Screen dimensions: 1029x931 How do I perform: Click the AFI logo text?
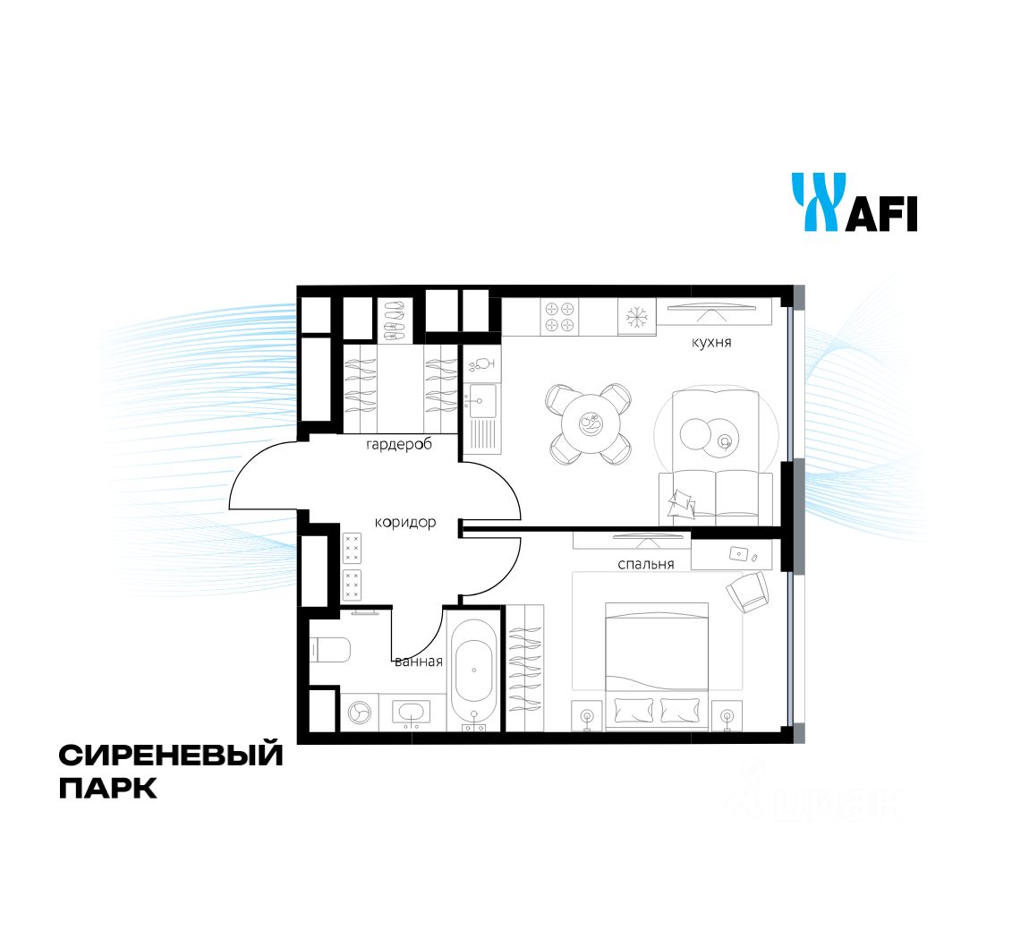[x=880, y=213]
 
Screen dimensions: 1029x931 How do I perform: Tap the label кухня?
[x=711, y=343]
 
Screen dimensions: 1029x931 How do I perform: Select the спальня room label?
[x=646, y=564]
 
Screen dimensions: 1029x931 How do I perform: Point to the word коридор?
[x=405, y=523]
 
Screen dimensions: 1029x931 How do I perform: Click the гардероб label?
[x=399, y=445]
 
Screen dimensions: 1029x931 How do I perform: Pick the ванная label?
[x=419, y=662]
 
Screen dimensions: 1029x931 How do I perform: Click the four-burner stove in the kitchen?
[x=560, y=317]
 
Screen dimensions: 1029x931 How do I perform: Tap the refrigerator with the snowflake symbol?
[x=636, y=317]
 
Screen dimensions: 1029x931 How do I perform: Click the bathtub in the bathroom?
[x=474, y=670]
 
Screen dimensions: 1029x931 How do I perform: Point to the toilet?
[x=330, y=651]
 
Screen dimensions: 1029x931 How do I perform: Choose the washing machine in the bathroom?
[x=359, y=713]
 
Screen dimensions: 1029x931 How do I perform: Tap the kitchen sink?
[x=481, y=401]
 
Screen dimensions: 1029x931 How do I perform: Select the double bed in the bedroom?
[x=657, y=666]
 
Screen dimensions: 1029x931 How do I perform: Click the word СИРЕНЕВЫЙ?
[x=171, y=755]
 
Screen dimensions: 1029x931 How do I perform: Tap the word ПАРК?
[x=108, y=788]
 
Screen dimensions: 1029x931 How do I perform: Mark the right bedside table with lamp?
[x=727, y=715]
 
